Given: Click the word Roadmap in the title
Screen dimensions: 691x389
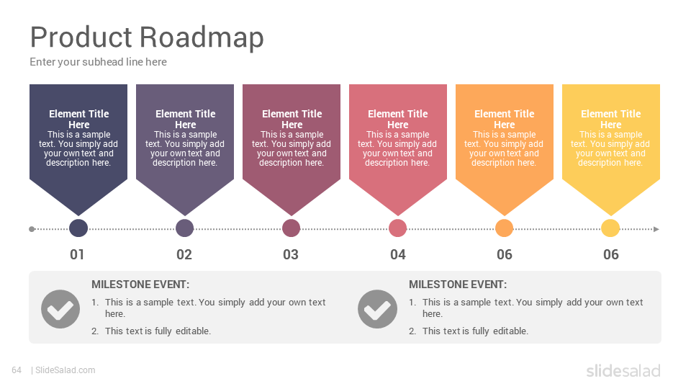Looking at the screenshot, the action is (202, 37).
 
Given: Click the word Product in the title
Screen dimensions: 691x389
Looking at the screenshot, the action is (81, 36).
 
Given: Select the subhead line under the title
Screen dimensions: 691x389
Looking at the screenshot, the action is (99, 62).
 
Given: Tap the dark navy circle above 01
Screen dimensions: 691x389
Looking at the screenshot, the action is (78, 228).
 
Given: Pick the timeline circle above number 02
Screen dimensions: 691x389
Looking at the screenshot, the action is (185, 228).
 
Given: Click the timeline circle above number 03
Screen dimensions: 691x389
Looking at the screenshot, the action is (292, 228).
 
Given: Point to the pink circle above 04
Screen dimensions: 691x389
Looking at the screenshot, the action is (397, 228).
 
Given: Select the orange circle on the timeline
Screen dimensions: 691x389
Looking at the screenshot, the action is (504, 228).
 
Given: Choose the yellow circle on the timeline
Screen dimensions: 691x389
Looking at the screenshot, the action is (611, 228).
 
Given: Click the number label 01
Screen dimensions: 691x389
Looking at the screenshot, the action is (77, 254).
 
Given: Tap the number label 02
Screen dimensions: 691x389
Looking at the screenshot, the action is (184, 254).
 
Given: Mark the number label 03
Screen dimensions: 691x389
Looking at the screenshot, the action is (291, 254).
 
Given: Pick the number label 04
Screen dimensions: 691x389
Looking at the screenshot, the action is (398, 254).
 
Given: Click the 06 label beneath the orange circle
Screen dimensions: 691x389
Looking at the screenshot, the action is (505, 254).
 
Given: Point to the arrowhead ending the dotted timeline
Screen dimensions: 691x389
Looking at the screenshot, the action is (656, 229).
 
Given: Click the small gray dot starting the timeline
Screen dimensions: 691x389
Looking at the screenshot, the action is (32, 229).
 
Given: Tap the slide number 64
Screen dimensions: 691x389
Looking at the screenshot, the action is (17, 370).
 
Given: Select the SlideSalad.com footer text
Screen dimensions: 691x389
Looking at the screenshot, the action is (66, 370).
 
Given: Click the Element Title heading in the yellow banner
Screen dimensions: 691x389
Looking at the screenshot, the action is (611, 119).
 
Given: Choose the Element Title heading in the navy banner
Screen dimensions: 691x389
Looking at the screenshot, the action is (79, 119).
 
